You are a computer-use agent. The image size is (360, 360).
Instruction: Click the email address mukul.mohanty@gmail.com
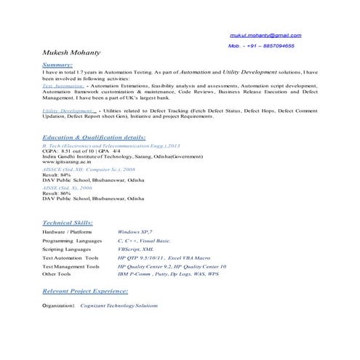pos(265,36)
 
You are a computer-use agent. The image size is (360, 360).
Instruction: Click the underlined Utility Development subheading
pos(66,111)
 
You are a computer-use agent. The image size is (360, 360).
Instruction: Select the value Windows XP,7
pos(135,231)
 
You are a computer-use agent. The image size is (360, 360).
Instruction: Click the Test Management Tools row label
pos(71,266)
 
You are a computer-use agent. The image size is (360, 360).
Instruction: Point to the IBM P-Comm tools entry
pos(167,275)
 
